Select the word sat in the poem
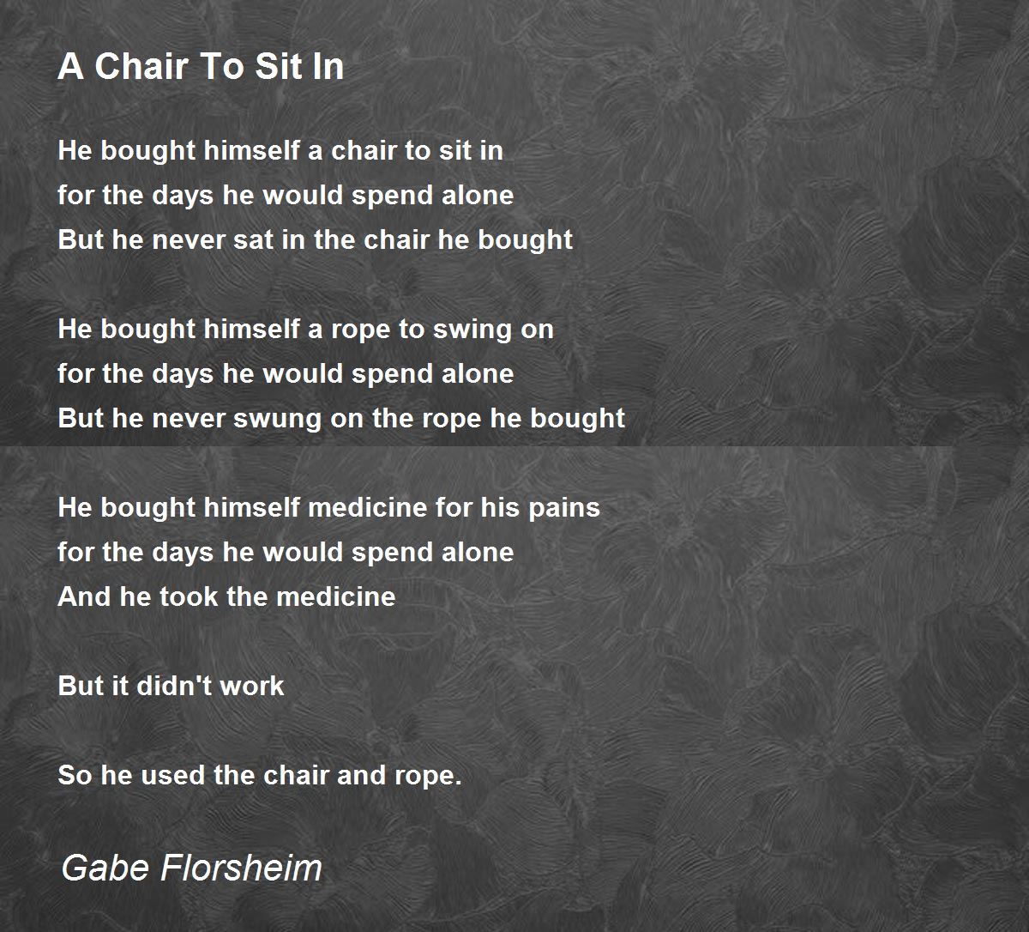pyautogui.click(x=243, y=239)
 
